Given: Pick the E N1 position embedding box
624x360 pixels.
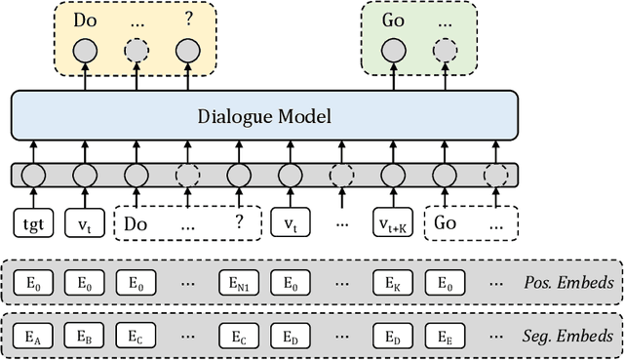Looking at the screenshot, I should click(x=238, y=284).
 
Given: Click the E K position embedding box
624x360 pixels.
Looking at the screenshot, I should click(x=393, y=284).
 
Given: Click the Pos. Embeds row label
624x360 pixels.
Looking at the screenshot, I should click(x=567, y=284).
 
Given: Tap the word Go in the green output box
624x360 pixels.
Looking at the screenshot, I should click(x=393, y=20).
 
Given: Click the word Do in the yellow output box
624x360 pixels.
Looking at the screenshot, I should click(x=85, y=20).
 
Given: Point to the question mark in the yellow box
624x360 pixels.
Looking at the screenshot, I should click(x=187, y=20).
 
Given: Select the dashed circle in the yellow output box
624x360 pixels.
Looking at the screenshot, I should click(x=136, y=50).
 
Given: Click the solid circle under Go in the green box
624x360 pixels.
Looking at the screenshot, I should click(x=393, y=50).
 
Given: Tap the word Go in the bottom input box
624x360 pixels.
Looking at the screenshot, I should click(x=445, y=222).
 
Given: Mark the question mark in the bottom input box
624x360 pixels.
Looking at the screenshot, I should click(x=237, y=222).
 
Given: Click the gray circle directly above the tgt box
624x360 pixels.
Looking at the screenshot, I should click(x=33, y=176).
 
